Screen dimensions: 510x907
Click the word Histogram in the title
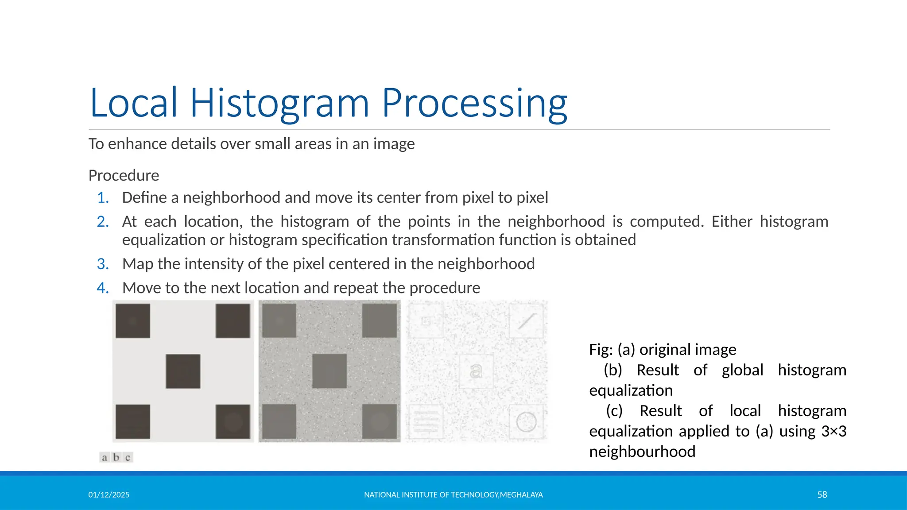click(x=279, y=103)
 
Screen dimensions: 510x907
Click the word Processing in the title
click(x=474, y=103)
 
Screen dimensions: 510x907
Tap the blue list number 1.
click(x=103, y=197)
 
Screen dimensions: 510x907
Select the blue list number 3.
click(x=103, y=264)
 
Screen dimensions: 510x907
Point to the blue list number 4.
click(x=103, y=288)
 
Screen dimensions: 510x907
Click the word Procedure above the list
click(x=124, y=175)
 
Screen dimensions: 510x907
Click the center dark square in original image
click(x=183, y=371)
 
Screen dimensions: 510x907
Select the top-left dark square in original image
click(x=133, y=321)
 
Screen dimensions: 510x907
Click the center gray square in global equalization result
click(x=329, y=371)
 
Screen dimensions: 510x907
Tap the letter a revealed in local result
click(x=476, y=371)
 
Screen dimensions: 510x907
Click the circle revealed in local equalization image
click(x=526, y=421)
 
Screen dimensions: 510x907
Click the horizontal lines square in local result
click(x=426, y=421)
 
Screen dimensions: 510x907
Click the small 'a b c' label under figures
click(x=116, y=457)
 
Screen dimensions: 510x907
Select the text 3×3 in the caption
click(x=833, y=431)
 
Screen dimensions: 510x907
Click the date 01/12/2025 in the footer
click(x=109, y=495)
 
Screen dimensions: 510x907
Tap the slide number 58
click(x=822, y=495)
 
